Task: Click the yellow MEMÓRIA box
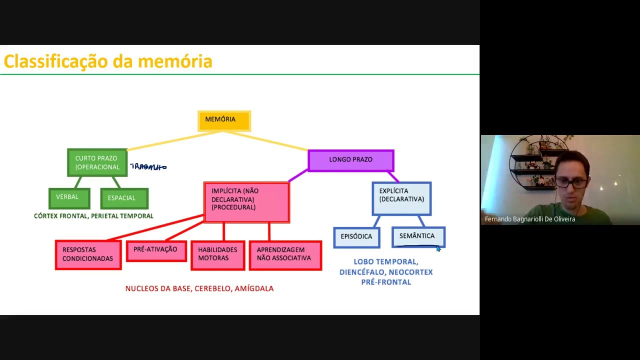(224, 120)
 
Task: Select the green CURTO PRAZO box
(97, 162)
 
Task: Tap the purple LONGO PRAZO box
(350, 160)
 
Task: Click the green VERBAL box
(69, 197)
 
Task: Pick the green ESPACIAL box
(124, 198)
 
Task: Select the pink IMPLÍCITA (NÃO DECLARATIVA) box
(246, 201)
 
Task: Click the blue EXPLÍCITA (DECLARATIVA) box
(401, 198)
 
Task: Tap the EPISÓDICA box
(356, 237)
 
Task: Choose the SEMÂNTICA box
(418, 236)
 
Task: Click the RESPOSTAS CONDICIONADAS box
(88, 254)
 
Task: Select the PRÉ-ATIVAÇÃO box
(155, 250)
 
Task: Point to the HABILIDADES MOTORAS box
(217, 254)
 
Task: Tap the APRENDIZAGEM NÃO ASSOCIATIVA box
(284, 254)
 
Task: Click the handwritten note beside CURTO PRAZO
(148, 167)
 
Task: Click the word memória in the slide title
(174, 61)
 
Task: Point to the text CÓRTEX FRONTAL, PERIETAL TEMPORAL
(93, 216)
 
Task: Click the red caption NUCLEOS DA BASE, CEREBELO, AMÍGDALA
(199, 288)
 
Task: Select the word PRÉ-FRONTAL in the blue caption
(386, 282)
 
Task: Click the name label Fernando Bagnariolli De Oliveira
(530, 219)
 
